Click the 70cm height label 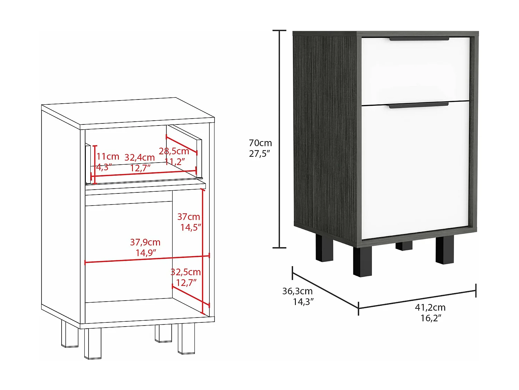click(260, 143)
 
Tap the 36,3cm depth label click(297, 291)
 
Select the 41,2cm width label click(430, 307)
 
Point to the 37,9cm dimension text click(145, 242)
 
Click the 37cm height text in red click(189, 217)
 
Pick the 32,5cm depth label click(186, 272)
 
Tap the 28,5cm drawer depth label click(174, 151)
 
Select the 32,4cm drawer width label click(139, 157)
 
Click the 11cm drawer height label click(108, 157)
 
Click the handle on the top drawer click(419, 39)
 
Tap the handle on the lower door click(418, 105)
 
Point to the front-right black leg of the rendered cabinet click(445, 250)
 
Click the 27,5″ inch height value click(259, 154)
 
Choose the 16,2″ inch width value click(431, 318)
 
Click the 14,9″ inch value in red click(146, 253)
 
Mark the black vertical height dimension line click(279, 139)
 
